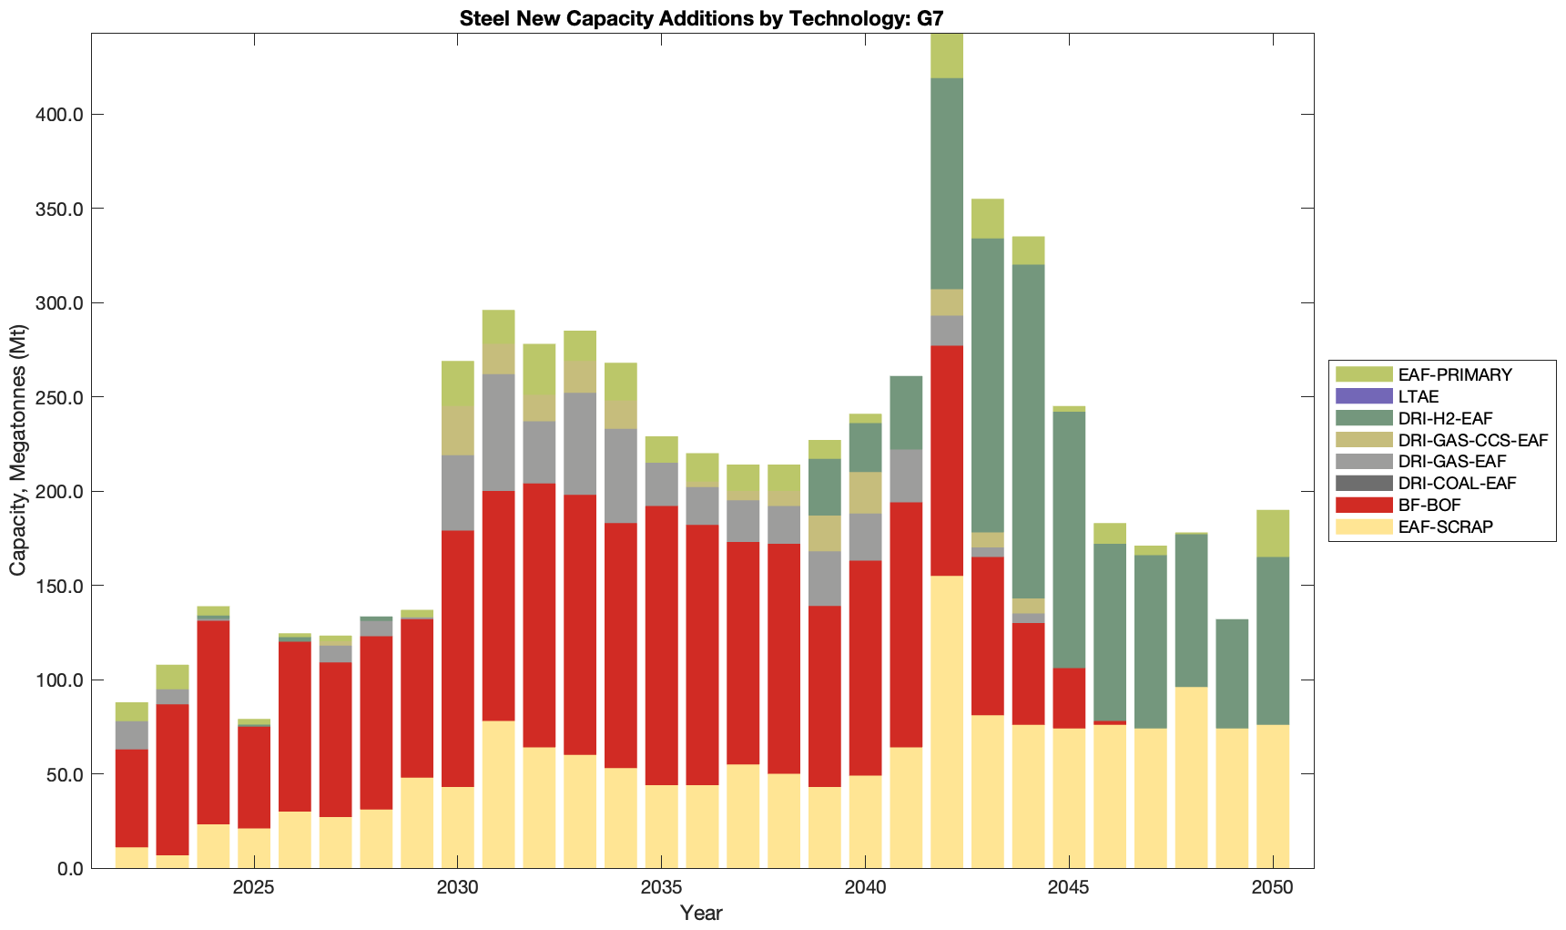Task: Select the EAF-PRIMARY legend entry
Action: coord(1455,374)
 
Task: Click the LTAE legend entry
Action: coord(1419,396)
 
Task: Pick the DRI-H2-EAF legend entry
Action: coord(1445,418)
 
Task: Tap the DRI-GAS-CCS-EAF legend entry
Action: coord(1472,440)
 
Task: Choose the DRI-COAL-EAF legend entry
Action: coord(1457,483)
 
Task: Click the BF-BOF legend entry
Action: coord(1429,505)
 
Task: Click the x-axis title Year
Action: coord(701,913)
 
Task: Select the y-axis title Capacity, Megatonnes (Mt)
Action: coord(18,452)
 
